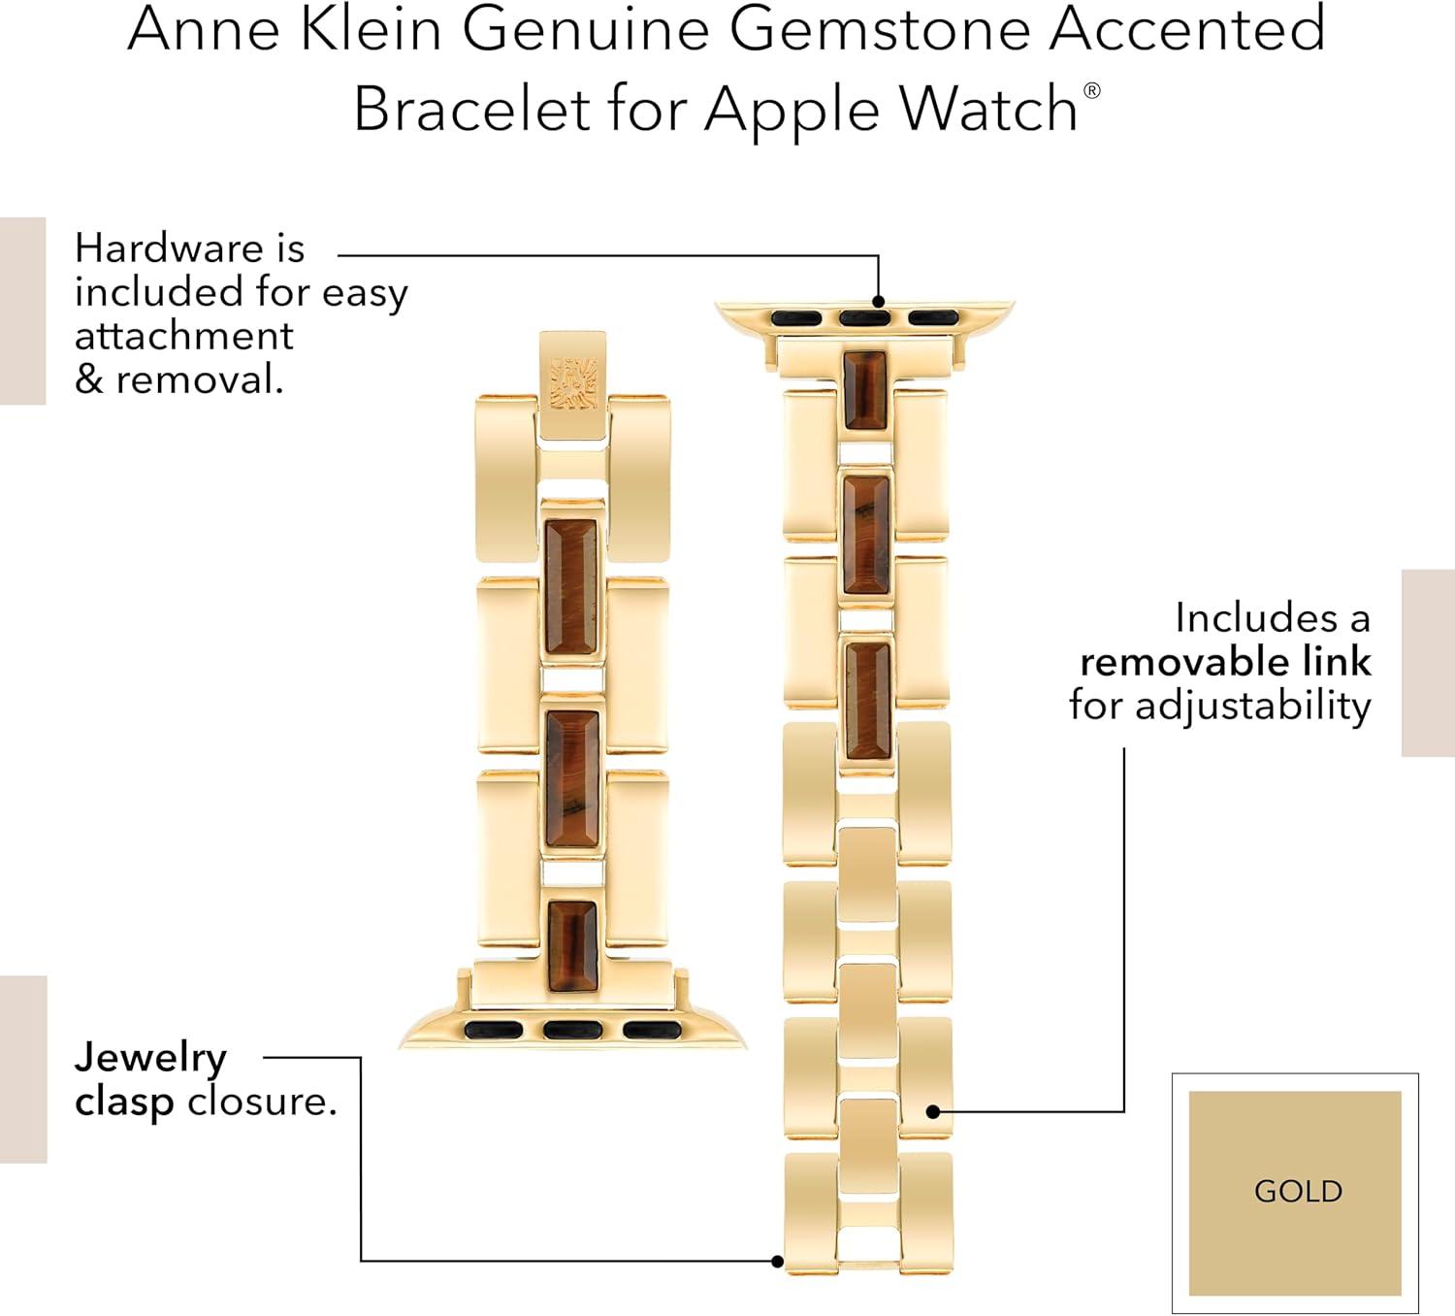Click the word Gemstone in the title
pyautogui.click(x=879, y=28)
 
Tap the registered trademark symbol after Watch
pyautogui.click(x=1091, y=90)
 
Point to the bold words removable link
pyautogui.click(x=1225, y=662)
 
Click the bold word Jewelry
pyautogui.click(x=150, y=1059)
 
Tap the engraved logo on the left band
pyautogui.click(x=573, y=384)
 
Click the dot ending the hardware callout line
pyautogui.click(x=879, y=301)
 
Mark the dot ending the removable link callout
pyautogui.click(x=933, y=1111)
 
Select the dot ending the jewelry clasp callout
pyautogui.click(x=778, y=1262)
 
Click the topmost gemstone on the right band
pyautogui.click(x=866, y=389)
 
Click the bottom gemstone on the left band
pyautogui.click(x=573, y=946)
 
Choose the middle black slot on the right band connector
pyautogui.click(x=864, y=318)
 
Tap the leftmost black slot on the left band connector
pyautogui.click(x=493, y=1030)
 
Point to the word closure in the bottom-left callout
pyautogui.click(x=263, y=1102)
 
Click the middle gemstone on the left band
pyautogui.click(x=572, y=779)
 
